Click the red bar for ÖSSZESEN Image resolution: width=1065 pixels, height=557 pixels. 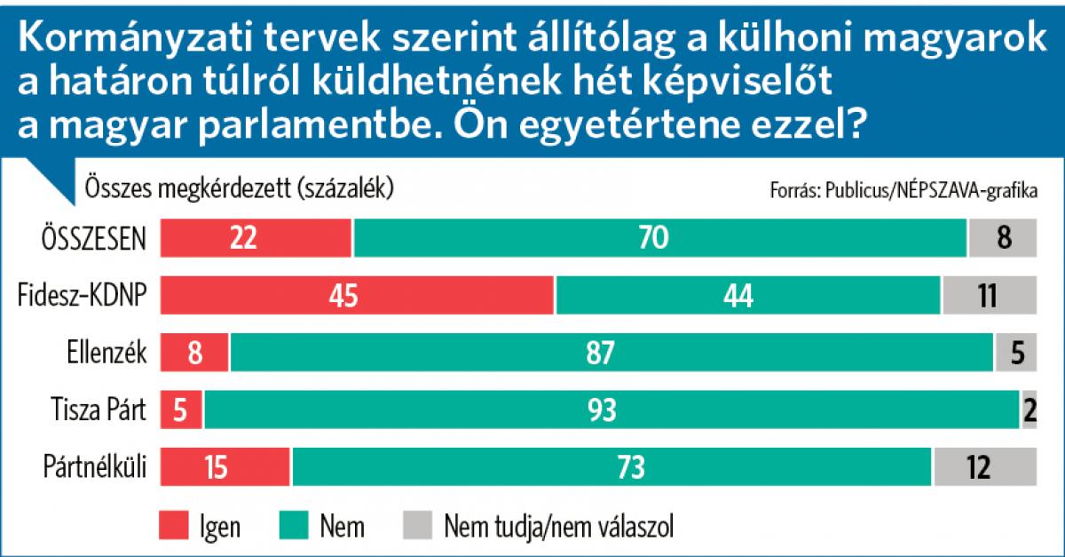256,238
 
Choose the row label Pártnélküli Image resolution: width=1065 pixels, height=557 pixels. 95,466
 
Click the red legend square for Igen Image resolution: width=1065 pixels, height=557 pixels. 174,525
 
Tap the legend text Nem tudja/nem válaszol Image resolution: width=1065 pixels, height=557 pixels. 558,526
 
